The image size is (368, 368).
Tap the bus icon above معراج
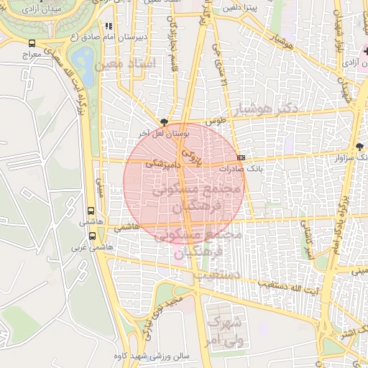tap(31, 43)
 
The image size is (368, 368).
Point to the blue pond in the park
tap(84, 59)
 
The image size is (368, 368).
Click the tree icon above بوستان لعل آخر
tap(165, 123)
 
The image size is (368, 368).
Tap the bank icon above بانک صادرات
tap(240, 158)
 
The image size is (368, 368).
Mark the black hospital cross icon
tap(365, 52)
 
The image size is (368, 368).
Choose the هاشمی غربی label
tap(83, 247)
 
